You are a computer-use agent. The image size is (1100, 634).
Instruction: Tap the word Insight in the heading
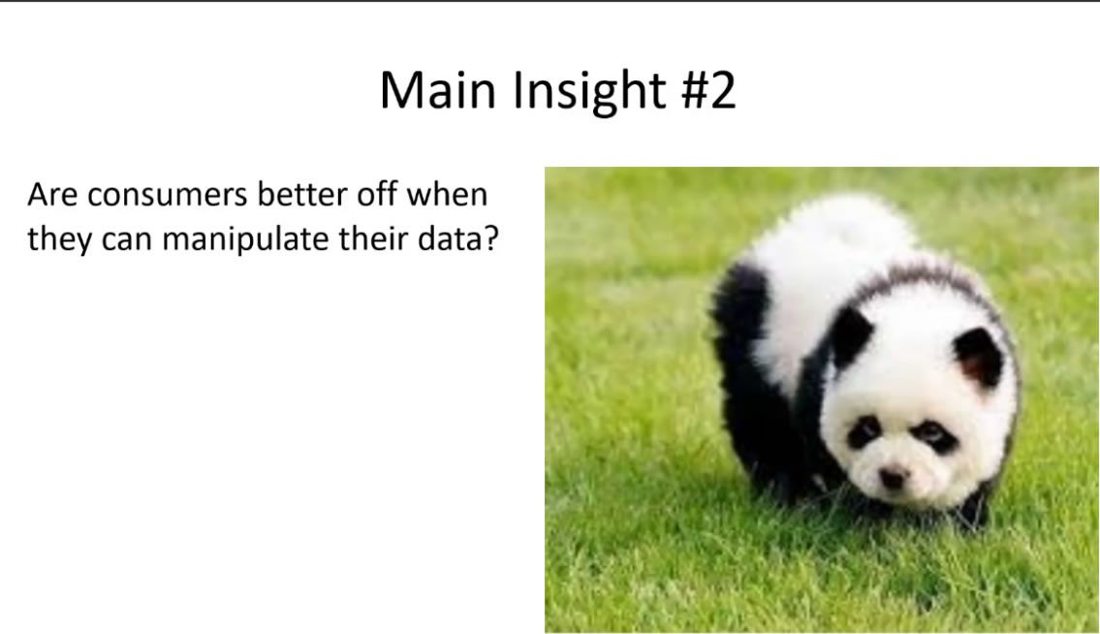589,91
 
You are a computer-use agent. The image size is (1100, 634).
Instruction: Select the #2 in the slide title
708,90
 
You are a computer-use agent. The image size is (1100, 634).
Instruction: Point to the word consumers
167,196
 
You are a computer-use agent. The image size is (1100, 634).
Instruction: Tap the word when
447,195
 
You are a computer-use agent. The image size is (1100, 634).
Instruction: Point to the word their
373,239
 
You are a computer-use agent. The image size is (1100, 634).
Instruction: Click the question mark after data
489,239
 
